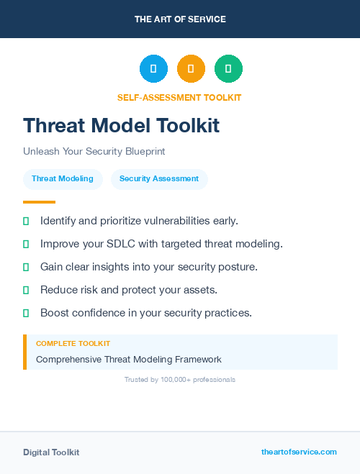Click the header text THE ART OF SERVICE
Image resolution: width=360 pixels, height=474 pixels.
pyautogui.click(x=180, y=19)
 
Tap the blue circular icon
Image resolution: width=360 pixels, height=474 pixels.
pyautogui.click(x=153, y=69)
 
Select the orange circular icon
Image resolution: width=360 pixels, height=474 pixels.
pyautogui.click(x=191, y=69)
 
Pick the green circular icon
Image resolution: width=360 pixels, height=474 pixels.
pyautogui.click(x=228, y=69)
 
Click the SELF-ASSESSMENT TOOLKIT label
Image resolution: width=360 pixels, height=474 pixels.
pyautogui.click(x=179, y=97)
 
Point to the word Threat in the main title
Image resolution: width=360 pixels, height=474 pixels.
pyautogui.click(x=56, y=125)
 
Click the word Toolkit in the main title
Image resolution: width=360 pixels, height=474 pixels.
pyautogui.click(x=188, y=125)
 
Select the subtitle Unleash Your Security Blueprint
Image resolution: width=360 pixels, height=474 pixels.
pyautogui.click(x=94, y=152)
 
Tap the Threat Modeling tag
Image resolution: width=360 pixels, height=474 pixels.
pyautogui.click(x=63, y=179)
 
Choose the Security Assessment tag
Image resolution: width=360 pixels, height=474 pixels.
pyautogui.click(x=159, y=179)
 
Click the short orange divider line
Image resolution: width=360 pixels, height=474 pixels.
pyautogui.click(x=39, y=202)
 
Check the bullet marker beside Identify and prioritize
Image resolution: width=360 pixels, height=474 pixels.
pyautogui.click(x=26, y=221)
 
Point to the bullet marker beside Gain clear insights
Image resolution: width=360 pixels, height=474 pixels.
pyautogui.click(x=26, y=267)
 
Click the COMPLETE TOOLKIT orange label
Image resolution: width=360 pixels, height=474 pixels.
pyautogui.click(x=73, y=344)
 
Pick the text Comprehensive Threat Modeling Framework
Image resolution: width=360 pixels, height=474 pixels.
pyautogui.click(x=129, y=359)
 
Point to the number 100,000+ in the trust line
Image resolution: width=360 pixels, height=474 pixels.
pyautogui.click(x=176, y=379)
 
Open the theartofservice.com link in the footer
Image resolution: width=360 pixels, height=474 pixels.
pyautogui.click(x=299, y=452)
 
